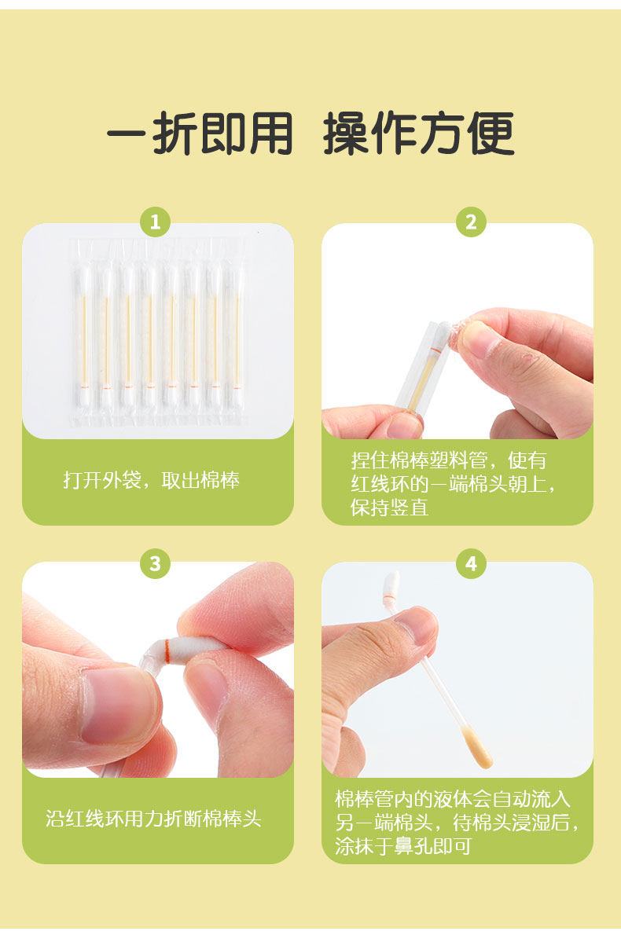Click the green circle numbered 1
[155, 222]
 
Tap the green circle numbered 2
[471, 222]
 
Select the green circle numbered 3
[155, 563]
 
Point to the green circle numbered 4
[471, 563]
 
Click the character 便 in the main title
[490, 134]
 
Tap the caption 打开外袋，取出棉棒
[151, 480]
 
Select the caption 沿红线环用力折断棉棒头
[153, 819]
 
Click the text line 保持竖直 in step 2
[390, 508]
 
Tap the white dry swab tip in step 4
[390, 585]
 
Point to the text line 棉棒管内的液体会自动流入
[453, 799]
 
